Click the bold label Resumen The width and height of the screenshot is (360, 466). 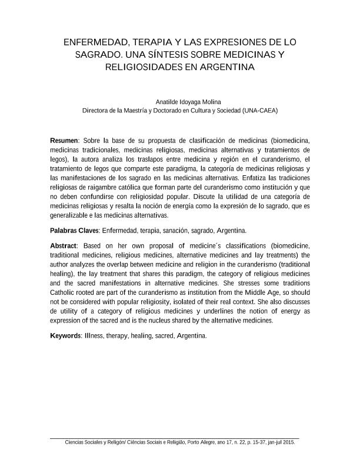click(64, 141)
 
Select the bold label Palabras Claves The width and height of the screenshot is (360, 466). click(74, 230)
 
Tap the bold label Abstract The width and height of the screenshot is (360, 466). click(64, 245)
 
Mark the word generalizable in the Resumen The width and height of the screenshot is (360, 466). click(70, 215)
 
